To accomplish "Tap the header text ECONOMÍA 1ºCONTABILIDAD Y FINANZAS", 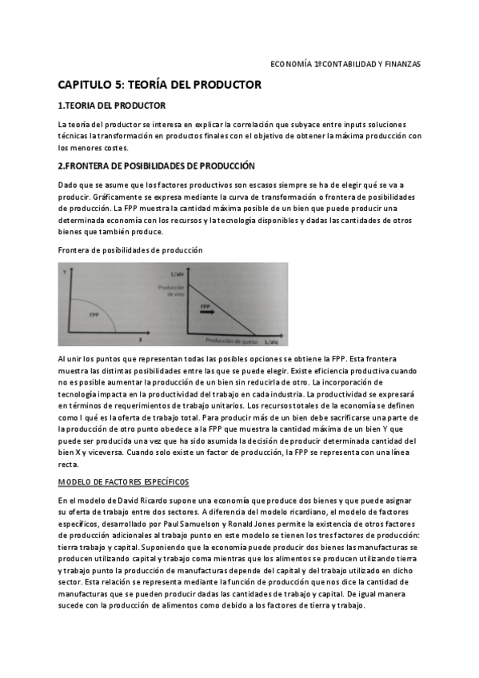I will click(x=345, y=64).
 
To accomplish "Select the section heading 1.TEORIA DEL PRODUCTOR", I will click(x=113, y=106).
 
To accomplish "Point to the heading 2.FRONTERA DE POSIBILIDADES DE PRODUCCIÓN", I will click(x=157, y=166).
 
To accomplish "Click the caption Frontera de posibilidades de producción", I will click(x=131, y=250).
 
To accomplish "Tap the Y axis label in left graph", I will click(x=64, y=273).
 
